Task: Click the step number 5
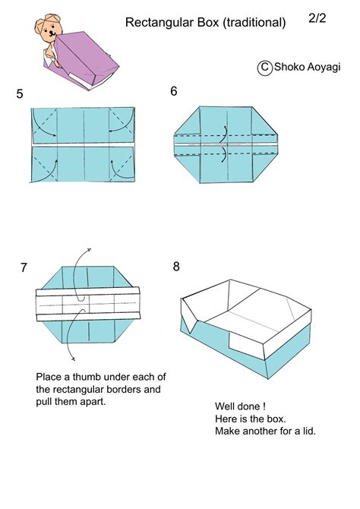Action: click(19, 95)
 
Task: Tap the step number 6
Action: click(174, 92)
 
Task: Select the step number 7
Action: click(24, 267)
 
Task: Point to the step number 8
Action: click(176, 267)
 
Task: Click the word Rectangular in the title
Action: click(156, 24)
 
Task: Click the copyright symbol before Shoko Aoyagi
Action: click(265, 68)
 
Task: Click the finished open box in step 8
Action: click(246, 320)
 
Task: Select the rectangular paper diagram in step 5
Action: click(84, 144)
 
